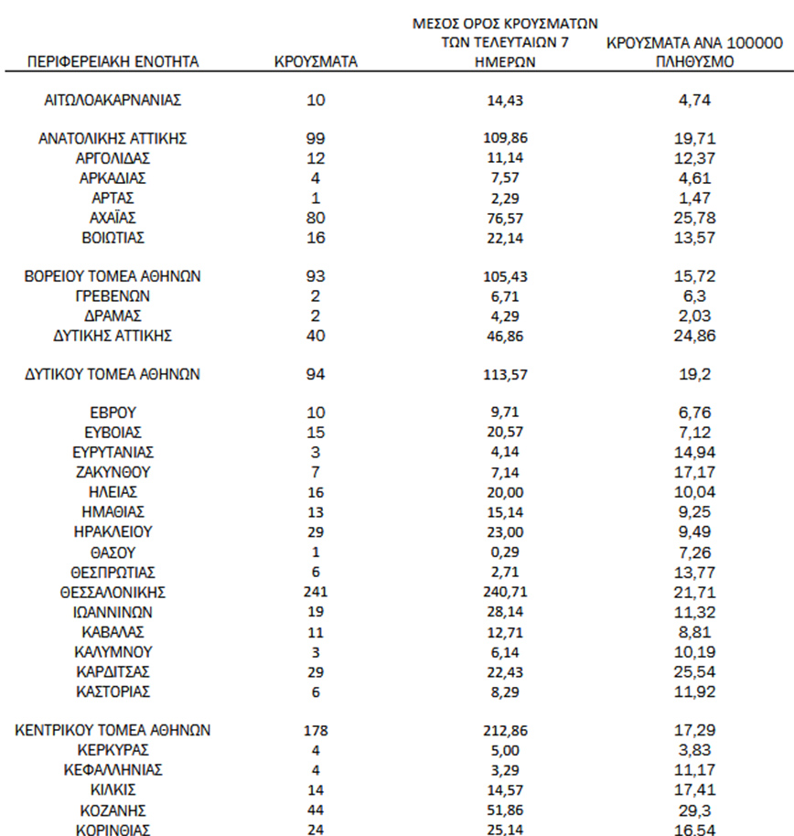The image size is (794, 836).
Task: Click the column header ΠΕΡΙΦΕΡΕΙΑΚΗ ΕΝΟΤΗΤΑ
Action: (113, 62)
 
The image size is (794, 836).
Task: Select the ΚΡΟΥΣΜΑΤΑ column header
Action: (316, 62)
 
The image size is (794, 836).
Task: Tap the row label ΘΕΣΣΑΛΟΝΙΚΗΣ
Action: (113, 592)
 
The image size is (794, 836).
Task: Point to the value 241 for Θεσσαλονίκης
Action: (316, 592)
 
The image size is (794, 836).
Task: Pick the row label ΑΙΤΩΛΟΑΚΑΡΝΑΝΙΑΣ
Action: (113, 100)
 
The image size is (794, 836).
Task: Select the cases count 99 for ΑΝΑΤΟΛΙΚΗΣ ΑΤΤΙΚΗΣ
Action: (316, 138)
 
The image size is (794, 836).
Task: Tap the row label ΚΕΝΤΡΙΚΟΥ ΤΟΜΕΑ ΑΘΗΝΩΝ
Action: (113, 730)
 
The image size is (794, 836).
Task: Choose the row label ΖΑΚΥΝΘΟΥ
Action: (113, 473)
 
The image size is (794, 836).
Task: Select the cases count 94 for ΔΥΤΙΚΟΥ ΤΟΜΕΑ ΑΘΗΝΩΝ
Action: (316, 374)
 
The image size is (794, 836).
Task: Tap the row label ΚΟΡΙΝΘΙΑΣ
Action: (113, 830)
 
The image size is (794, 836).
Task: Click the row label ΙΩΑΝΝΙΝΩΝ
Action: (113, 612)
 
